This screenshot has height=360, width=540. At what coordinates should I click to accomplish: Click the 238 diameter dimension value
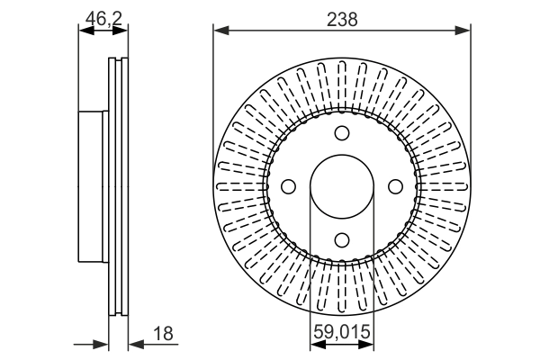(x=342, y=18)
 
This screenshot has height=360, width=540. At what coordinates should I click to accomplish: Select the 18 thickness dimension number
(x=164, y=334)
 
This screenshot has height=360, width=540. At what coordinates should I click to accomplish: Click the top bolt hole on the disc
(x=341, y=134)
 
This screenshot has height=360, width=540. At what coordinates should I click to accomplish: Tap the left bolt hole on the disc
(x=289, y=186)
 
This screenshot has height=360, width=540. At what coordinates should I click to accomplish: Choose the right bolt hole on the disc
(x=393, y=186)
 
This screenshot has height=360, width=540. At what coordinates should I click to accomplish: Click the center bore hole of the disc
(x=341, y=186)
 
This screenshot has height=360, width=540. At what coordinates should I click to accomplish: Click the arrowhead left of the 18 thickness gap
(x=102, y=344)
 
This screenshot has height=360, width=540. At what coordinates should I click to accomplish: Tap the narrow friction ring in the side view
(x=118, y=186)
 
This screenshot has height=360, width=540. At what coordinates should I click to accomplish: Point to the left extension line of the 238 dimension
(x=213, y=99)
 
